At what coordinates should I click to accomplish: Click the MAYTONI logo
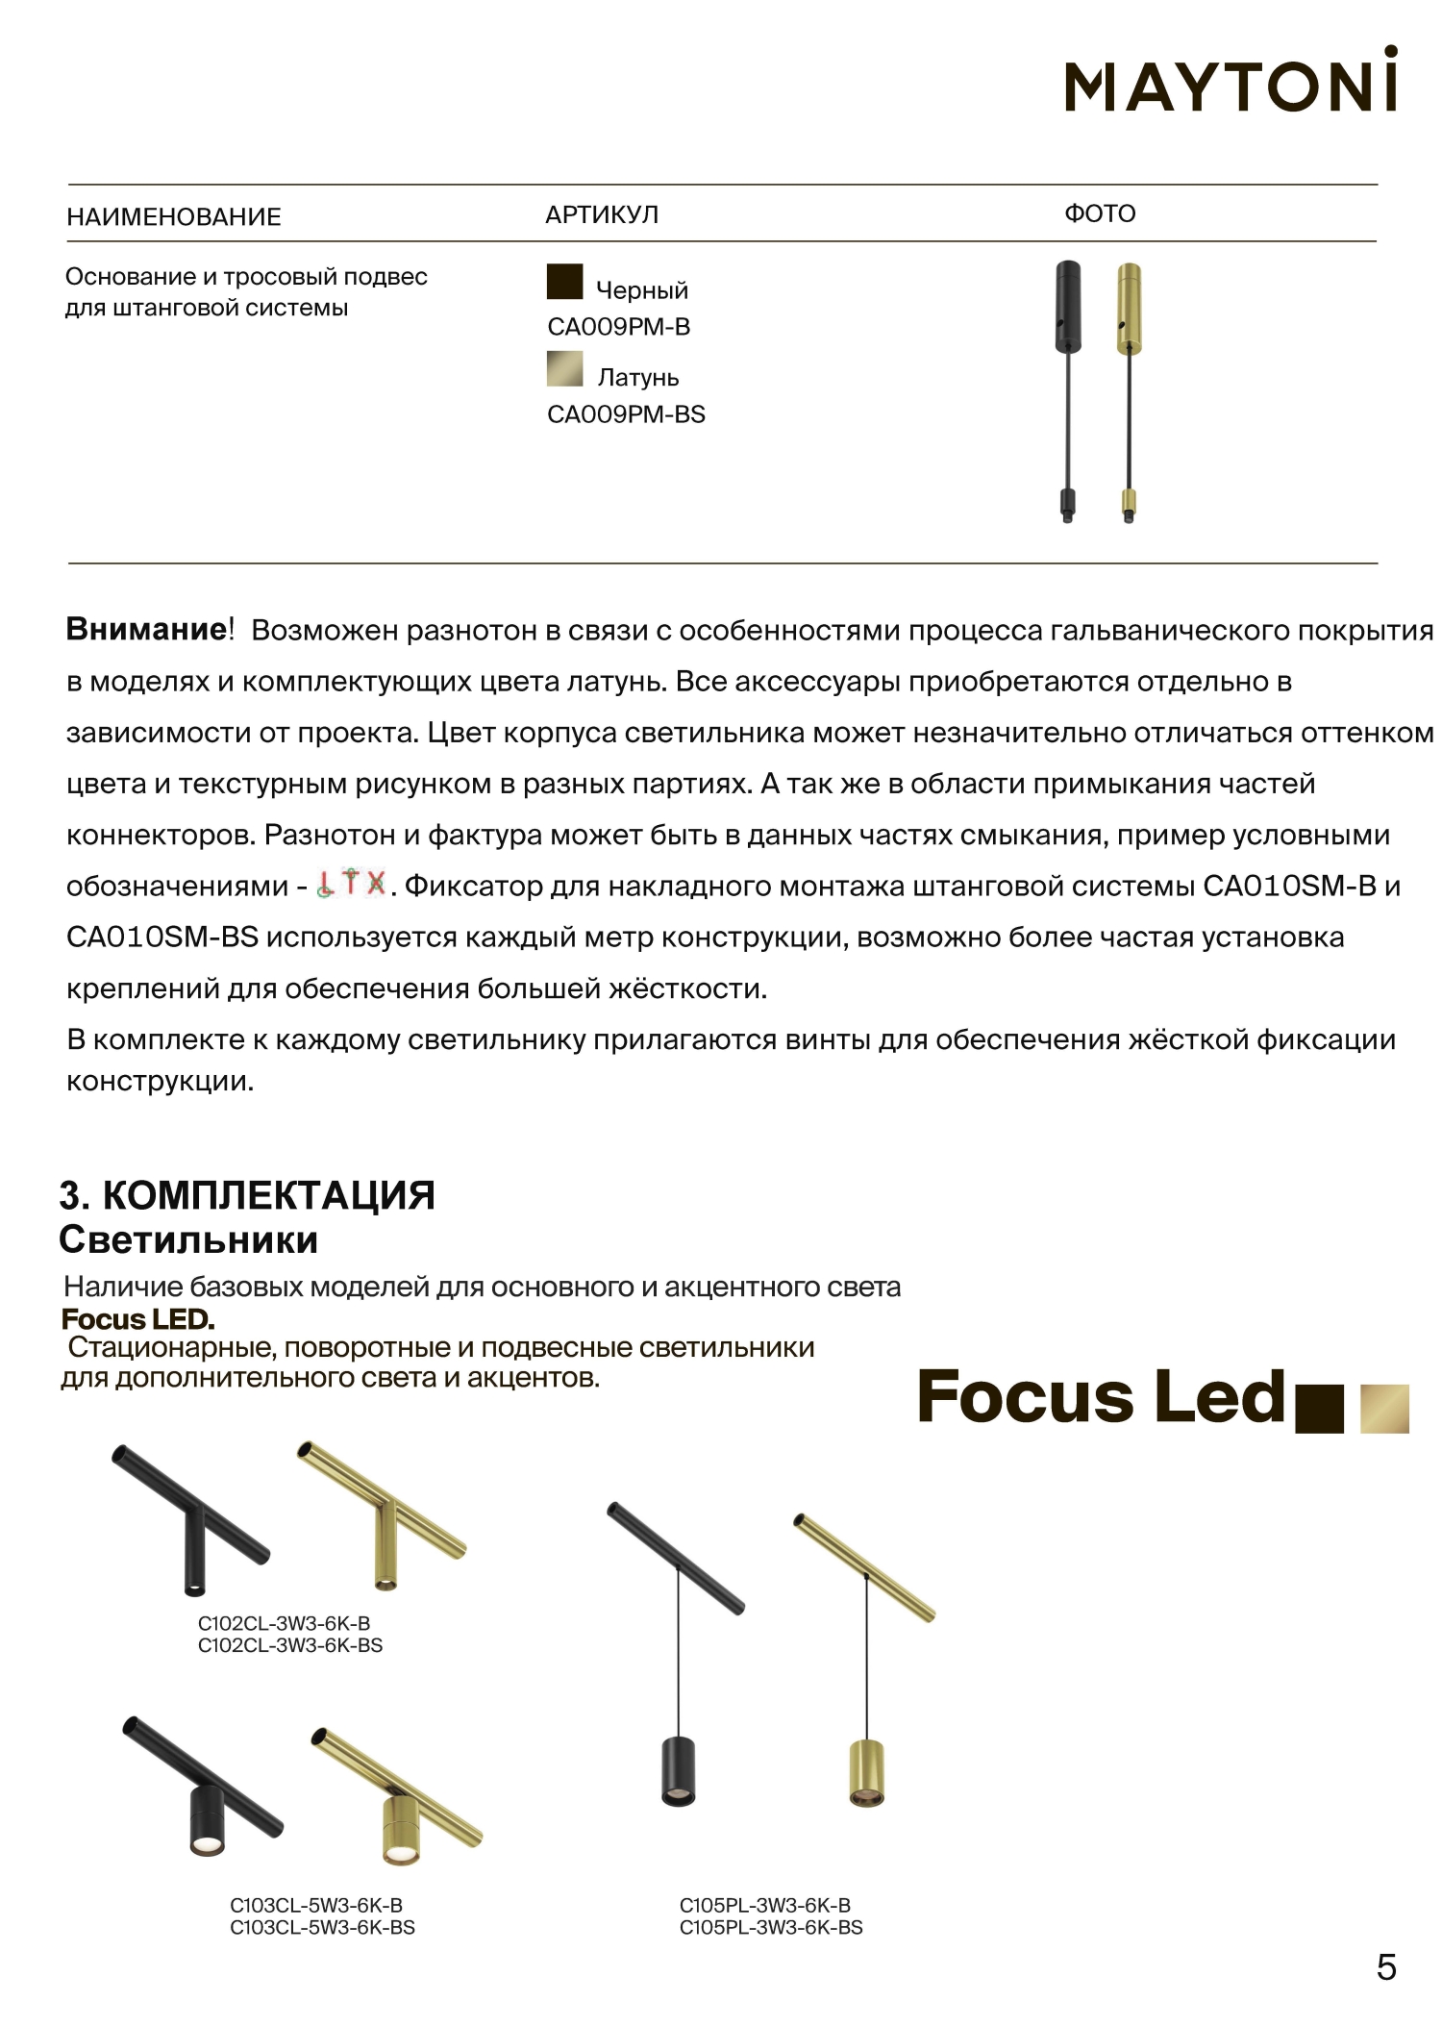(1230, 81)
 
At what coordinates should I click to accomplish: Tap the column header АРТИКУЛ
(602, 214)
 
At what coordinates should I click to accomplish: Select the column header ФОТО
(1100, 213)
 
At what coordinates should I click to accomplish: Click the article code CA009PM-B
(618, 327)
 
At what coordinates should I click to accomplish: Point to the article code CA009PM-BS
(626, 414)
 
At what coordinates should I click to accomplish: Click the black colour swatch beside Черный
(564, 282)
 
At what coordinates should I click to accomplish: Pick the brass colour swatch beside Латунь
(564, 369)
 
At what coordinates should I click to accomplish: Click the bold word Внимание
(144, 630)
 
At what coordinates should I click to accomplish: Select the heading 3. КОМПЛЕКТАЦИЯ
(247, 1195)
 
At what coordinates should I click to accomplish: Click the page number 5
(1385, 1967)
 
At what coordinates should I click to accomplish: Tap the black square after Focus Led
(1320, 1409)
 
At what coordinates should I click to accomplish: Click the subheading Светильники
(188, 1239)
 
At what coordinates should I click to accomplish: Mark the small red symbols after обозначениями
(351, 883)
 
